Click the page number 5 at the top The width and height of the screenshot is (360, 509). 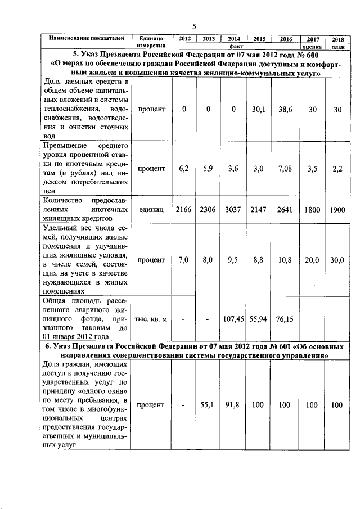[193, 26]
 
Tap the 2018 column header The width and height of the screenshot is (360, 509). [337, 39]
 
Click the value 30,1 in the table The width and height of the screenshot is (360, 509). [259, 110]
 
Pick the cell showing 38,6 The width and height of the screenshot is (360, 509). [285, 110]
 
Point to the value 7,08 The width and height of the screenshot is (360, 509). [285, 168]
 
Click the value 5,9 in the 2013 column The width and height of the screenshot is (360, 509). [208, 168]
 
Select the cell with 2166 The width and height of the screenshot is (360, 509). [184, 209]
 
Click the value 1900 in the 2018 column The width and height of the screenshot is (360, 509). [337, 209]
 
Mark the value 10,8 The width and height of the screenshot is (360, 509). [285, 260]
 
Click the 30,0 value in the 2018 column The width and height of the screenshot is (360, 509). [337, 260]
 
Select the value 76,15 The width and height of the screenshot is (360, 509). [285, 319]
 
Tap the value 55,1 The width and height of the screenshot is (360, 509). [208, 404]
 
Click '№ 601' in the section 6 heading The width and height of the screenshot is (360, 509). [250, 346]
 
